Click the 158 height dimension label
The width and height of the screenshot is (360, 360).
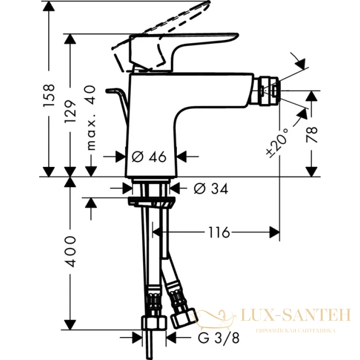coord(49,95)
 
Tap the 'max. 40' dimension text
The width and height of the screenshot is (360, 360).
coord(91,118)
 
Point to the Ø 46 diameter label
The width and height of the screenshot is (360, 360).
coord(149,157)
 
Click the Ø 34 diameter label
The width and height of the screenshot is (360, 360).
coord(211,189)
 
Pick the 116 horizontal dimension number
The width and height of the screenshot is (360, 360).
coord(219,232)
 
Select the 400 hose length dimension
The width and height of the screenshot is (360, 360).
coord(70,252)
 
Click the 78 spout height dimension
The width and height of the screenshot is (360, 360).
coord(312,135)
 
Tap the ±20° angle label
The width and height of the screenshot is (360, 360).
coord(277,143)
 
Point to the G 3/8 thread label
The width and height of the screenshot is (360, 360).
coord(218,338)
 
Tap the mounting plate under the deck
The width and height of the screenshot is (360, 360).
coord(152,202)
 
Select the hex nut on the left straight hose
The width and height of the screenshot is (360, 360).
coord(153,324)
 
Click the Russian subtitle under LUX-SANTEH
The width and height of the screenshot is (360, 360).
coord(296,331)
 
